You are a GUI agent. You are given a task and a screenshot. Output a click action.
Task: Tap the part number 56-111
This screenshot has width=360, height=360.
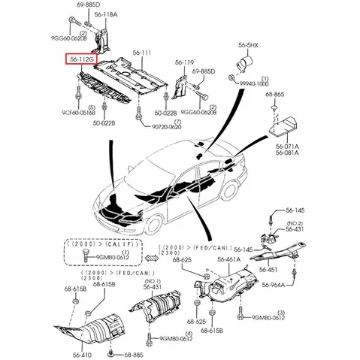[142, 53]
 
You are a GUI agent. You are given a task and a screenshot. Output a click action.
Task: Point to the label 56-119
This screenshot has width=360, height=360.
[185, 62]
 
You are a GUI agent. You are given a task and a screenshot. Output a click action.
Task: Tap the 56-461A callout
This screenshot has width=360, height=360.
[229, 261]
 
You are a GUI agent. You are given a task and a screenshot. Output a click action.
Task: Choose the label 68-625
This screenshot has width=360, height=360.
[180, 261]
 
